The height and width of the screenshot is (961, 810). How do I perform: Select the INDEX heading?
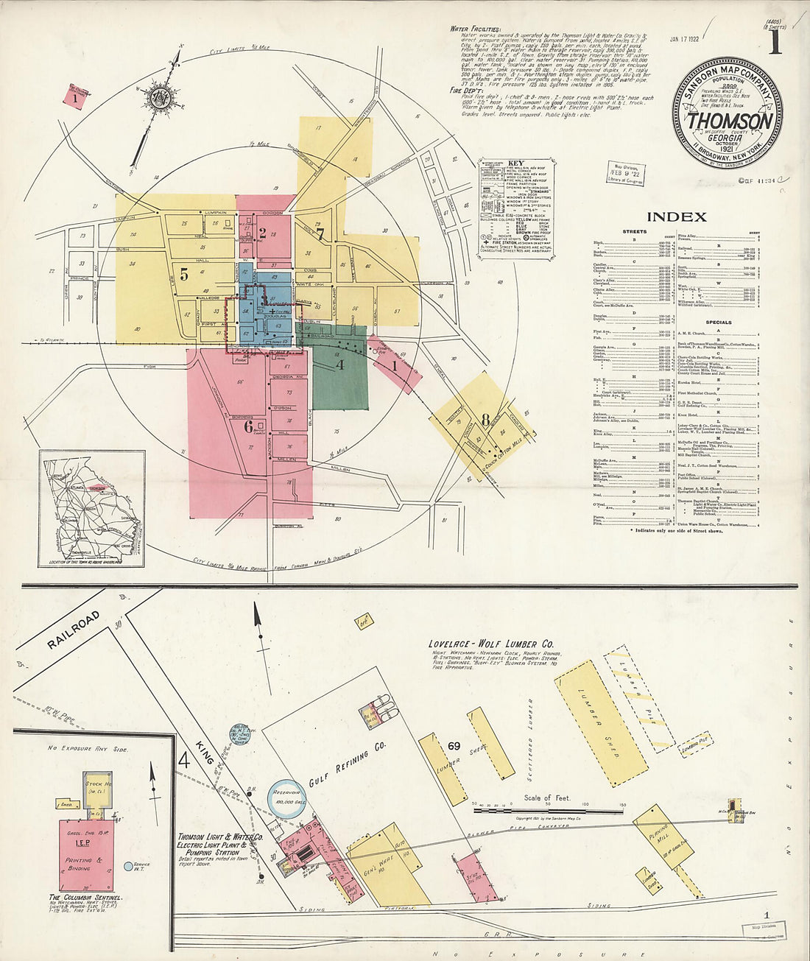coord(676,217)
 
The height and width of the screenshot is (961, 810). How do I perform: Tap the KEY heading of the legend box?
coord(515,163)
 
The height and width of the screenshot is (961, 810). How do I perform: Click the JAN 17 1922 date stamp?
coord(685,38)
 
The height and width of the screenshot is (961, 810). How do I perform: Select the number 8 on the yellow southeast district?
coord(485,420)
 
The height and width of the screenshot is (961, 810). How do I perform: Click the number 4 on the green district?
coord(339,363)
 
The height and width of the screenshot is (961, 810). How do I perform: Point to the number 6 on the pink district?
coord(249,426)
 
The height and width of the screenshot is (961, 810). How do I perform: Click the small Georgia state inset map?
coord(91,508)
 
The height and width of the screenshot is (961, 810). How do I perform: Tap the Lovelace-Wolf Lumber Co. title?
coord(492,643)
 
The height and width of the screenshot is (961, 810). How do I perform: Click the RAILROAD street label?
coord(73,630)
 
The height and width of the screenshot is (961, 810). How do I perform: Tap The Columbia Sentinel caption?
coord(85,898)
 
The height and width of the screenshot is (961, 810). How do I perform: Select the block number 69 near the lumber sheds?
coord(454,746)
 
